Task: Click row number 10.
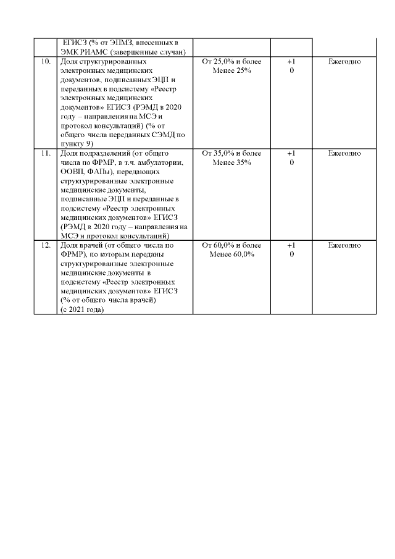pos(45,62)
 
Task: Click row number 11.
pos(45,154)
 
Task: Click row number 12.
pos(45,245)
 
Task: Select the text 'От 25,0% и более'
pos(231,62)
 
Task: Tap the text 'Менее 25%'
pos(231,71)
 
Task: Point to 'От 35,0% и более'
pos(231,154)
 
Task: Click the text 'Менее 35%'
pos(231,162)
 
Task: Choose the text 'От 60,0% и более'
pos(231,245)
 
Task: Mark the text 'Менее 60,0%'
pos(231,254)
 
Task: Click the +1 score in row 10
pos(291,62)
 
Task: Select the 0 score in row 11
pos(291,162)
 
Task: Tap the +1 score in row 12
pos(291,245)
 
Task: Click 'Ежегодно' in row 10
pos(344,62)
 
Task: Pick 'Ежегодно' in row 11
pos(344,154)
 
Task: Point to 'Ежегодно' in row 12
pos(344,245)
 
